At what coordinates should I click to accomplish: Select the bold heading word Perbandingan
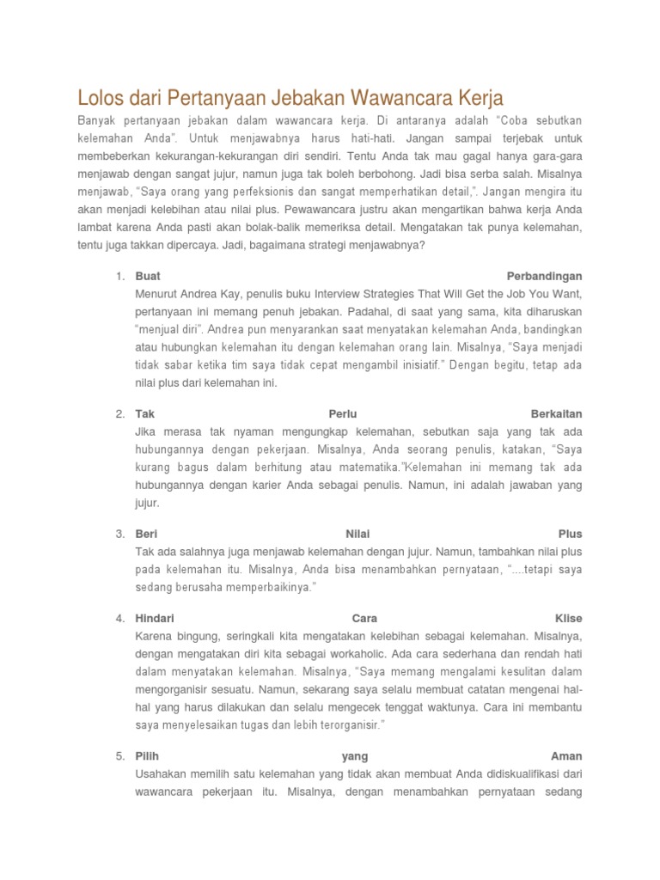(x=544, y=277)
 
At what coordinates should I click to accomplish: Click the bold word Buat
(x=148, y=277)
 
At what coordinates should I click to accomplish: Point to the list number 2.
(x=119, y=414)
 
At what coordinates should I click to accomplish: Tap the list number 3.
(x=119, y=534)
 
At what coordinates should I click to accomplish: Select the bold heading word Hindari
(x=155, y=618)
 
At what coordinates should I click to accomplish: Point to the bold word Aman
(x=566, y=756)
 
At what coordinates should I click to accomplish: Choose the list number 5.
(x=119, y=756)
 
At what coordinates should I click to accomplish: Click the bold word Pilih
(x=148, y=756)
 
